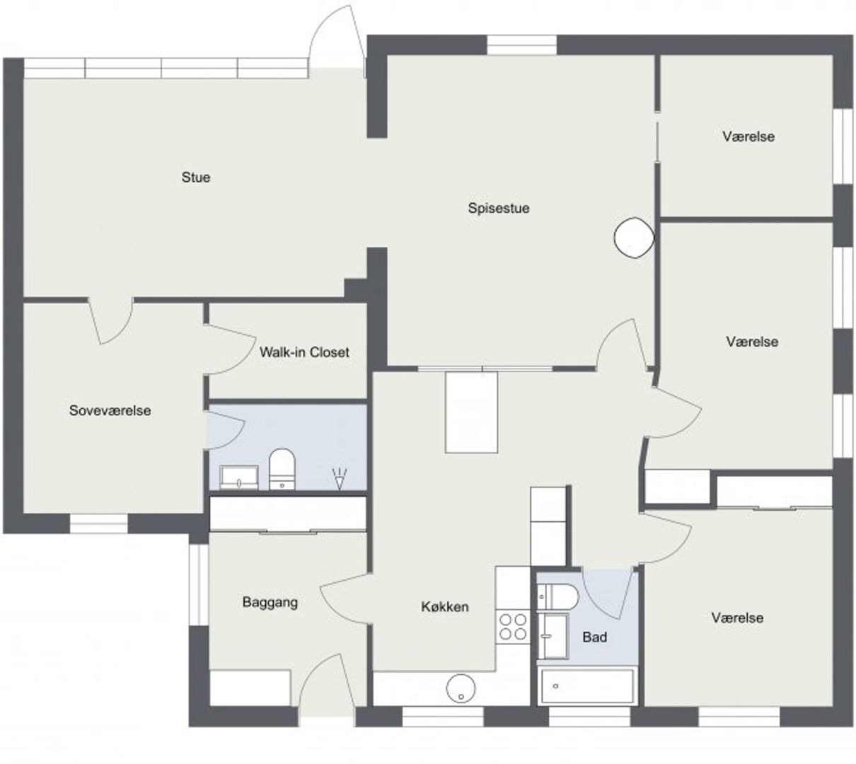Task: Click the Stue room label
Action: [x=196, y=177]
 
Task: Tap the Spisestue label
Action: [x=499, y=208]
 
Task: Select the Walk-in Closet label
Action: [x=304, y=352]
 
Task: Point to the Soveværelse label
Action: [x=110, y=410]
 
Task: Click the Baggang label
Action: [x=270, y=603]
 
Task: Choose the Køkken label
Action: [x=445, y=607]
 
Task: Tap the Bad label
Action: [x=594, y=637]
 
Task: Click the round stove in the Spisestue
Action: [x=634, y=238]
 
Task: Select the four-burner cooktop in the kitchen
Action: [x=513, y=627]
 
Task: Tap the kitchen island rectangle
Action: [x=471, y=412]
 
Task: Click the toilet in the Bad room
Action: [x=557, y=596]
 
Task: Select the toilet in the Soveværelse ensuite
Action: [x=282, y=469]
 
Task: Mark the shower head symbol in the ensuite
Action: [x=340, y=479]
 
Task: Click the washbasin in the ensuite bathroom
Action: [x=238, y=477]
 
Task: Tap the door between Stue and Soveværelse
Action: [x=110, y=320]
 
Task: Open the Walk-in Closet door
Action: [x=230, y=349]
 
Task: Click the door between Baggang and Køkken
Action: [x=345, y=598]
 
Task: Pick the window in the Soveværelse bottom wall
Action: [x=98, y=523]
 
